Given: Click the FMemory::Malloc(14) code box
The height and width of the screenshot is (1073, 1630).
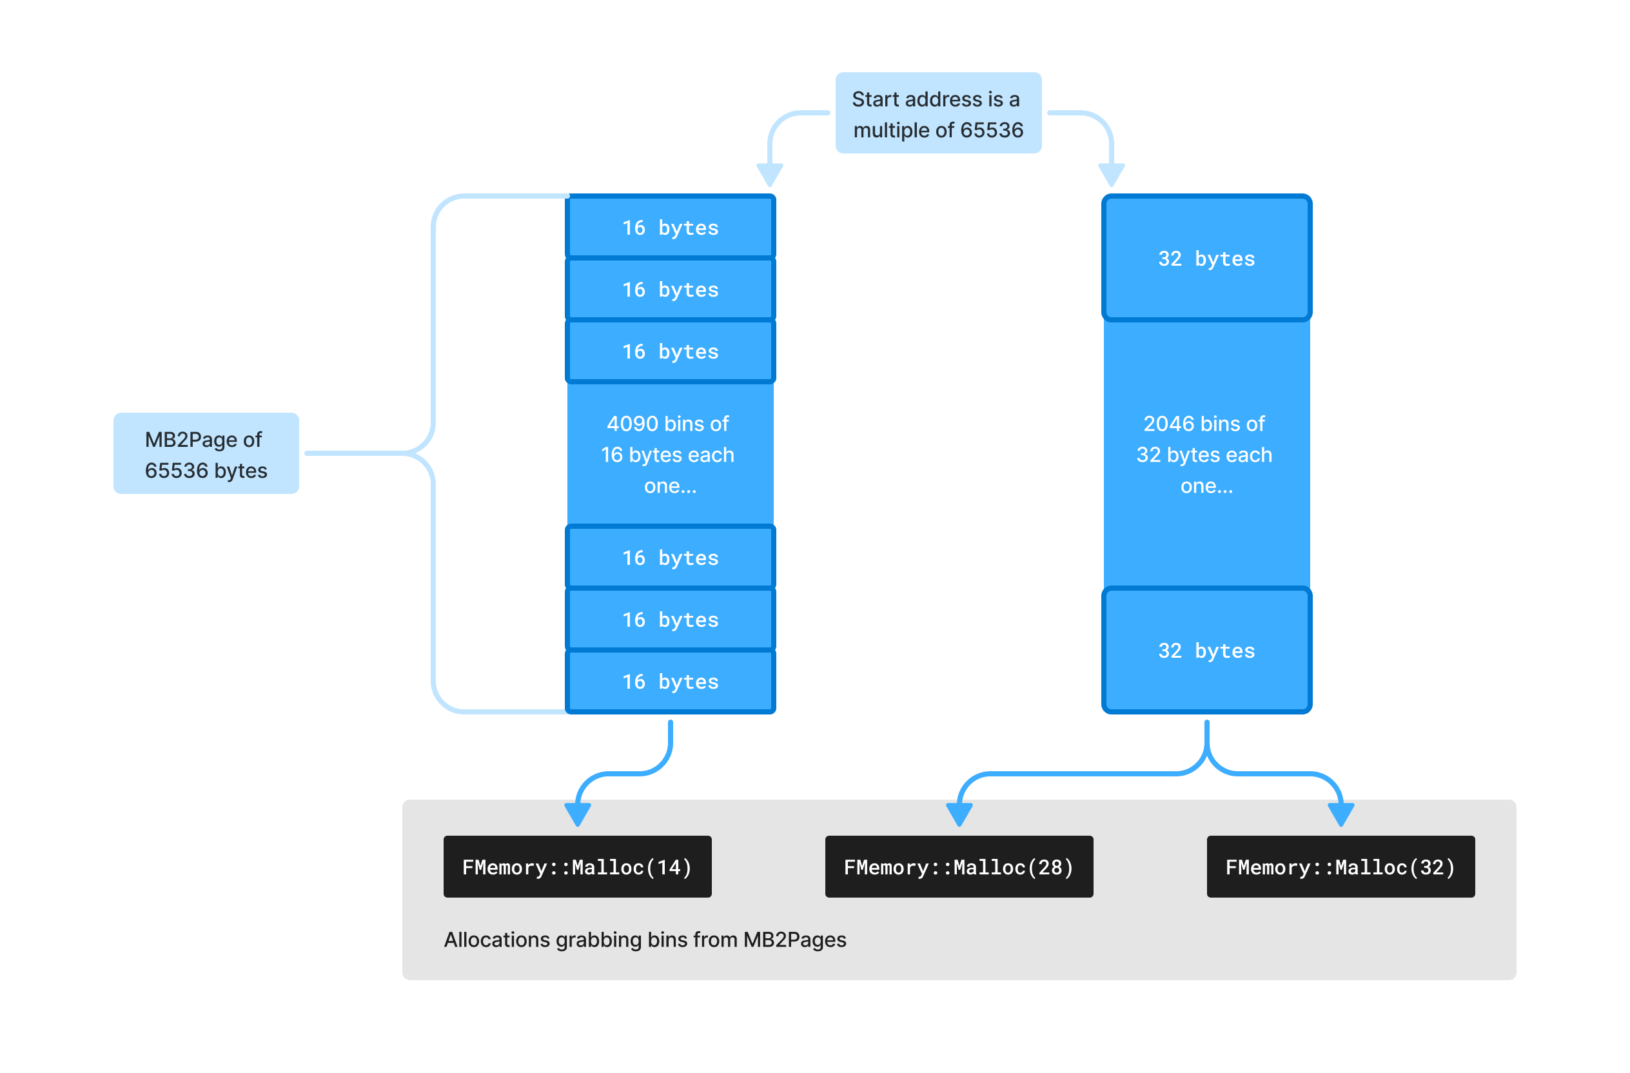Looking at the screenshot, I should (577, 866).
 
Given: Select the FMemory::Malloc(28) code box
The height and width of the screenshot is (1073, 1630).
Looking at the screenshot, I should (959, 866).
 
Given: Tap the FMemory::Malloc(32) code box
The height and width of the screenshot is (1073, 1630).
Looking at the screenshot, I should (1340, 866).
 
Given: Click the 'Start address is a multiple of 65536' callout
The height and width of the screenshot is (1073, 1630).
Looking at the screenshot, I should (938, 113).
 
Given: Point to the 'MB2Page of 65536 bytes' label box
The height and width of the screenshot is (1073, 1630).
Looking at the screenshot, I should (206, 453).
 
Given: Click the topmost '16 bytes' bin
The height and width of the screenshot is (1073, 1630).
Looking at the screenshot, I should (670, 228).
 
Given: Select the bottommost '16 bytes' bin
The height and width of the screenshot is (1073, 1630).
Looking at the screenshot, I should (670, 682).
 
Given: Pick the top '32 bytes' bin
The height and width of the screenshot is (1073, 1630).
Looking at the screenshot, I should (1206, 258).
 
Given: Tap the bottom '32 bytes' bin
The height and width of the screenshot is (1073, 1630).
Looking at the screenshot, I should (1206, 650).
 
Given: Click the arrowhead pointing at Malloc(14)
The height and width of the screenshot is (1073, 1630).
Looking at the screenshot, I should (577, 814).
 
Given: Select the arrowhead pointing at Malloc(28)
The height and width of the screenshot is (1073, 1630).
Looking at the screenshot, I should (959, 814).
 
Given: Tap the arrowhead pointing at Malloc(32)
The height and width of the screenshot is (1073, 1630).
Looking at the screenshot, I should (1340, 814).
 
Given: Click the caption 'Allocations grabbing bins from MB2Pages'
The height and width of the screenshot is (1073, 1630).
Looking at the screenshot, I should (645, 940).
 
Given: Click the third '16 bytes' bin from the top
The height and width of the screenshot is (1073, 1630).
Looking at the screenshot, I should (670, 351).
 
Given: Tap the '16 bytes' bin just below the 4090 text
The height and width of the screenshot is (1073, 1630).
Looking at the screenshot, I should (670, 557).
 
